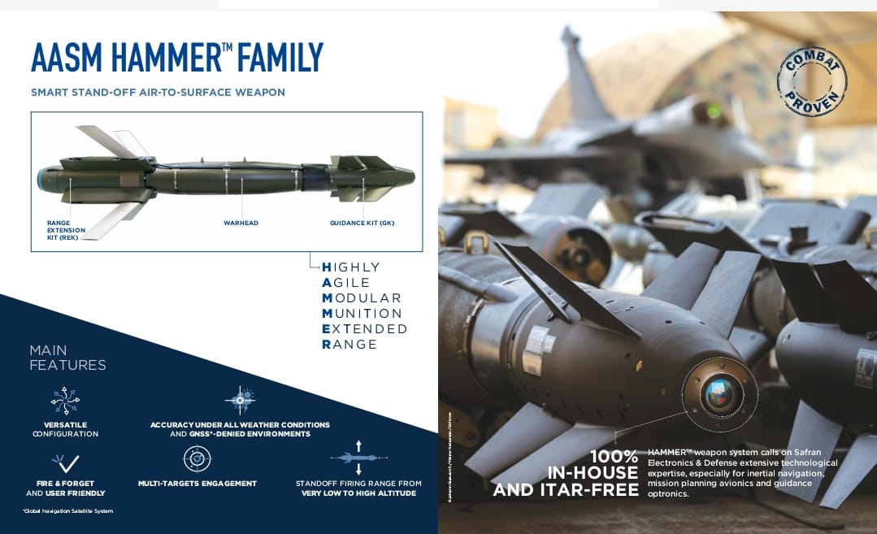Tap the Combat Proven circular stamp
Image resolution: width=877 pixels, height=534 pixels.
[811, 81]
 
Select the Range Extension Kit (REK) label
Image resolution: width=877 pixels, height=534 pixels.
[63, 230]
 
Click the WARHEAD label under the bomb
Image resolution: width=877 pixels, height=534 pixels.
[241, 223]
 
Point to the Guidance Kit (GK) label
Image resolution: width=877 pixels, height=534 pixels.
[362, 223]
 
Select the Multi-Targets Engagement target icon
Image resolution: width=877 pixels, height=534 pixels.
[197, 459]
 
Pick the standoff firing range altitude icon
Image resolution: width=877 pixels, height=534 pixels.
[358, 458]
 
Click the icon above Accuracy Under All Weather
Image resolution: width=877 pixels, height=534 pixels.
[239, 400]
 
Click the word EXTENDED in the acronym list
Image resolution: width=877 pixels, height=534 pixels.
[365, 328]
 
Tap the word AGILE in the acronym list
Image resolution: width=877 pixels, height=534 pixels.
[346, 282]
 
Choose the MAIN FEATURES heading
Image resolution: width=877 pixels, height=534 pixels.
[67, 358]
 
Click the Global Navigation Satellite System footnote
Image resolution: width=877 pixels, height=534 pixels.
[67, 510]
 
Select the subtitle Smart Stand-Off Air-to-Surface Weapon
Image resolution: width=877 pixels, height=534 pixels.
[158, 93]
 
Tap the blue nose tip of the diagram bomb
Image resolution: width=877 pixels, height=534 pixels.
[39, 178]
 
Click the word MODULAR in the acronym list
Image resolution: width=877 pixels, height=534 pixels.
[362, 297]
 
